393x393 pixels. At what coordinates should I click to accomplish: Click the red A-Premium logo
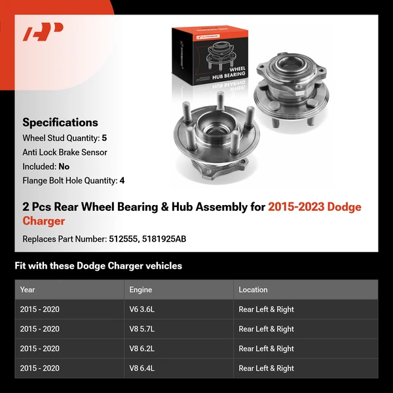tap(43, 32)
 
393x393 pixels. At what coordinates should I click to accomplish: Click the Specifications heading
tap(60, 122)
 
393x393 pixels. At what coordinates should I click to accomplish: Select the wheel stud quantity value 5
tap(104, 138)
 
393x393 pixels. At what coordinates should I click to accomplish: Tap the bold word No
tap(64, 166)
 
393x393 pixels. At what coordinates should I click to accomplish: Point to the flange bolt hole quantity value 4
tap(122, 180)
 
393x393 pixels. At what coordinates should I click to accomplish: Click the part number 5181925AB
tap(162, 239)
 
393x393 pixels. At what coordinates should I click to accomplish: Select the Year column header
tap(28, 290)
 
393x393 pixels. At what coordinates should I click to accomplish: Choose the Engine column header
tap(141, 290)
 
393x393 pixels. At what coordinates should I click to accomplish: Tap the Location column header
tap(253, 290)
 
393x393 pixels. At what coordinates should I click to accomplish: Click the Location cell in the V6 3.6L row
tap(266, 309)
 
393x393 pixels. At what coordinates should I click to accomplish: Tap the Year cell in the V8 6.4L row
tap(39, 368)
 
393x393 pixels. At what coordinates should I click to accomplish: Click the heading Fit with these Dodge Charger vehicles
tap(98, 266)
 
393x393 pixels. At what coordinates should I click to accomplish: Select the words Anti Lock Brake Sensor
tap(65, 153)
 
